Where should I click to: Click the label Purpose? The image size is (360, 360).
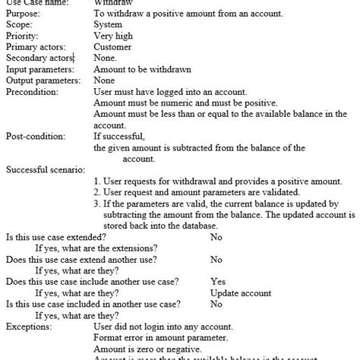(24, 14)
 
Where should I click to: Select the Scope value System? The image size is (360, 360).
(107, 25)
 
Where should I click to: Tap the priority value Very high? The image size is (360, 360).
(114, 36)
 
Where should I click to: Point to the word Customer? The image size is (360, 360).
(112, 47)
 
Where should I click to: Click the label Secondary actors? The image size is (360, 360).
(38, 58)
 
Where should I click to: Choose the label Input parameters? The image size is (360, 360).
(39, 69)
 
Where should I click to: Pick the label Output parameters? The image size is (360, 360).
(43, 80)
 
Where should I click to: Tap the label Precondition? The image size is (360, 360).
(32, 91)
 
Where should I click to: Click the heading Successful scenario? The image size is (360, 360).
(45, 169)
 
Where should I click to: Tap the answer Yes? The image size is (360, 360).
(217, 282)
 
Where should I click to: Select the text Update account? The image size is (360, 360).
(240, 293)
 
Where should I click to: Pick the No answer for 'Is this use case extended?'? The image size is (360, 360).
(216, 238)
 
